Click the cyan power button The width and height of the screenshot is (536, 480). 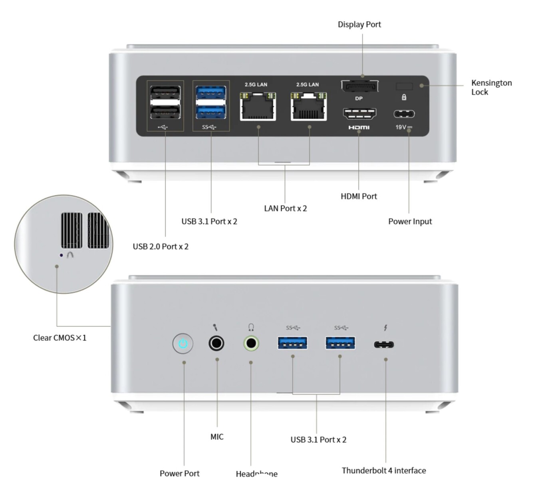point(183,344)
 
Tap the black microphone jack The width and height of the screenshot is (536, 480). point(216,343)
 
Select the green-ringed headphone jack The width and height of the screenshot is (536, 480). point(251,343)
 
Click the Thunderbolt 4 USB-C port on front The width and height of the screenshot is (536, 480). point(384,344)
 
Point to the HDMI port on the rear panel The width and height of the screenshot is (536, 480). point(359,114)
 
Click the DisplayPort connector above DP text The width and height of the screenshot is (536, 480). point(359,86)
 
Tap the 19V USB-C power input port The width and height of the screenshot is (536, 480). point(404,114)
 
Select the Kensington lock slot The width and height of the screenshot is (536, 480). point(404,86)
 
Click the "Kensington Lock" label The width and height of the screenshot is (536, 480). point(491,87)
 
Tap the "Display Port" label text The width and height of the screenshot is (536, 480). point(359,24)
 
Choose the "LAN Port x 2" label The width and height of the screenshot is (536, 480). point(285,208)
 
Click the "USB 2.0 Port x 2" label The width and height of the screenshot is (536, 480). point(161,246)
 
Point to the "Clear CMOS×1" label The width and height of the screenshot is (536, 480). point(60,338)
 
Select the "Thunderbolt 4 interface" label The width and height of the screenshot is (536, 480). point(383,470)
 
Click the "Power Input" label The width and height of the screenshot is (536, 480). point(410,221)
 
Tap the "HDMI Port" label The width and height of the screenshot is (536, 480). point(359,196)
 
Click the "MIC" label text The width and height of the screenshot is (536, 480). point(217,437)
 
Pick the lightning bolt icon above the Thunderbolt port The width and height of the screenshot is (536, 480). point(385,328)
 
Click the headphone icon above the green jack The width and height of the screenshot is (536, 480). point(251,328)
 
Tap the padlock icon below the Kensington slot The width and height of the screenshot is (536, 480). point(404,97)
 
